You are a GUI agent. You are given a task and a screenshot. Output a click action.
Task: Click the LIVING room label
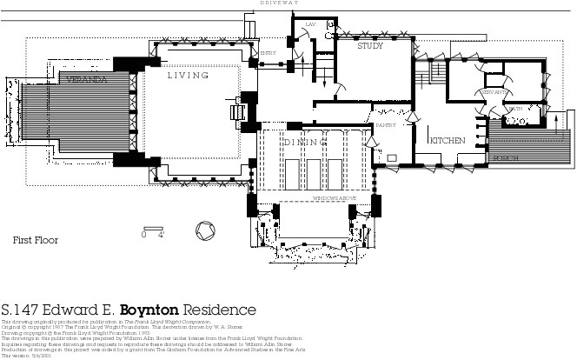(189, 76)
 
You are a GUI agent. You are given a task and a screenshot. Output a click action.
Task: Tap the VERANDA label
(86, 79)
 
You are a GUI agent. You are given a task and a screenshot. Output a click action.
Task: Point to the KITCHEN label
(447, 140)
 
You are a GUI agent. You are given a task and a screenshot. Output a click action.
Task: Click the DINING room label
(304, 142)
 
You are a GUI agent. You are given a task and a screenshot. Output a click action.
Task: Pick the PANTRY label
(385, 126)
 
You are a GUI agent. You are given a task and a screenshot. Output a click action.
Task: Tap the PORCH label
(505, 159)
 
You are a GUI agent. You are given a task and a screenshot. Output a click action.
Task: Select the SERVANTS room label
(496, 92)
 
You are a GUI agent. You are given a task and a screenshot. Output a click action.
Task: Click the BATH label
(516, 110)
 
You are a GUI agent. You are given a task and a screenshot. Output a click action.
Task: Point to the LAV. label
(309, 23)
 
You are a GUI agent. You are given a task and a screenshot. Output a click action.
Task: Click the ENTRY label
(269, 53)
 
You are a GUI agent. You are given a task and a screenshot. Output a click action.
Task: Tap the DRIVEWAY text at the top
(281, 3)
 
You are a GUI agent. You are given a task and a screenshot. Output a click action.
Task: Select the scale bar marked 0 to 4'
(153, 230)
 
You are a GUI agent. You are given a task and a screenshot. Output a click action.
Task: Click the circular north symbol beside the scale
(208, 232)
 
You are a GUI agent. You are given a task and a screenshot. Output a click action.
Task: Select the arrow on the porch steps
(557, 121)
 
